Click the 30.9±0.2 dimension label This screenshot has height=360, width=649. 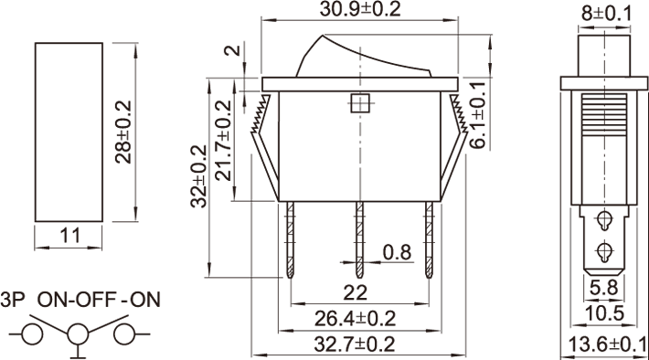[x=360, y=9]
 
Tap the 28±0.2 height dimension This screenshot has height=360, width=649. [x=123, y=132]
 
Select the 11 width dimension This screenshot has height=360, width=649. [x=69, y=236]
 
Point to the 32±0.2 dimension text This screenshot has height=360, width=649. [x=198, y=175]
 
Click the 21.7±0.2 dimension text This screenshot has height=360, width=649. [x=224, y=141]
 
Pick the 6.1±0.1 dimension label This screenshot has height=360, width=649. [x=478, y=115]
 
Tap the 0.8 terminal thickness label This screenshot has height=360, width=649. [x=397, y=252]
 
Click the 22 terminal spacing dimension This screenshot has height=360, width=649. [x=356, y=293]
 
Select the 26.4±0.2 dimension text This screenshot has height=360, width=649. [x=356, y=319]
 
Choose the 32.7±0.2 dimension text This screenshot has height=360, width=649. [x=355, y=344]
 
